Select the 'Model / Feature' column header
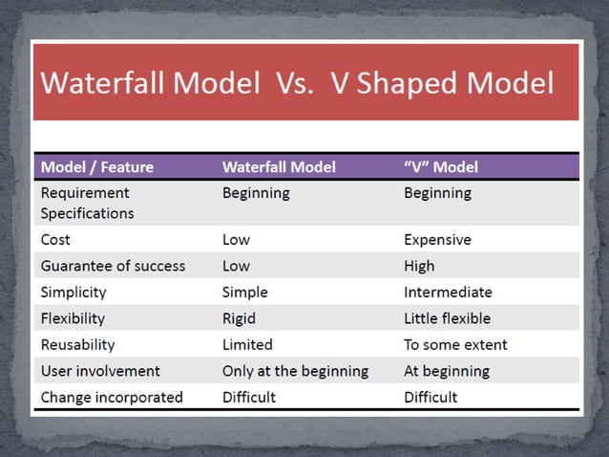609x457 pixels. pos(96,166)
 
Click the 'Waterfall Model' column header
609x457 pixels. pos(279,166)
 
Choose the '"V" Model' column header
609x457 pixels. pos(441,166)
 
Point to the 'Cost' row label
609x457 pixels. pos(55,239)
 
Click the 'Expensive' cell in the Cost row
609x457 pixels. pos(438,239)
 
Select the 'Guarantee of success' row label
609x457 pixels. pos(113,266)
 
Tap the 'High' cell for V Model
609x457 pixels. pos(419,266)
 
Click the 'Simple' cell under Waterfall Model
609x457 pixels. pos(245,292)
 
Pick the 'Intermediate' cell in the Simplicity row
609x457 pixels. pos(448,292)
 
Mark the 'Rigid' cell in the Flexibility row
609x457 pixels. pos(240,318)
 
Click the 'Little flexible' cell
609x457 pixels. pos(447,318)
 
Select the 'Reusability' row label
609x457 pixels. pos(77,344)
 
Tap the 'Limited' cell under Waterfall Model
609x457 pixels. pos(247,344)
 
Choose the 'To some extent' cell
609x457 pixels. pos(455,344)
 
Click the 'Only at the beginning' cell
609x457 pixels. pos(295,371)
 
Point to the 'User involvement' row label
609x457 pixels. pos(100,371)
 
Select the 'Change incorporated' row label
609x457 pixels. pos(111,397)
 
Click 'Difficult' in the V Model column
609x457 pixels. pos(430,397)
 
